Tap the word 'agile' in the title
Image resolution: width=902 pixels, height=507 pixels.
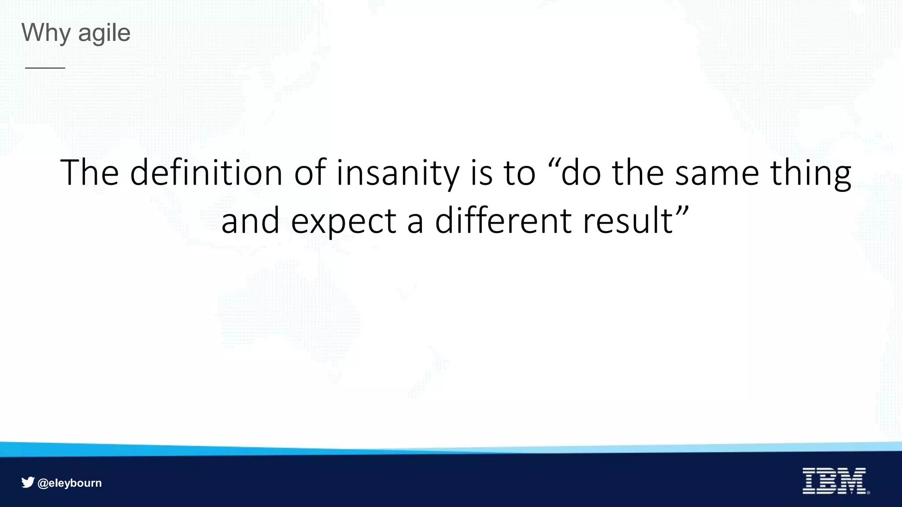click(104, 33)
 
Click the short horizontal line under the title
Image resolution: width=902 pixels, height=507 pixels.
click(45, 68)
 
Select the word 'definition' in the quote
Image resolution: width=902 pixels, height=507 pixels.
click(206, 173)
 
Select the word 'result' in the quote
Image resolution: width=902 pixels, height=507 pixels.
click(627, 221)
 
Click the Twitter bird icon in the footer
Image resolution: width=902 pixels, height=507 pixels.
click(28, 482)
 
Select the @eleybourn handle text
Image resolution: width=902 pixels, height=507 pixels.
click(70, 483)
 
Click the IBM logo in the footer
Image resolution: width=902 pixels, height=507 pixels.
click(834, 481)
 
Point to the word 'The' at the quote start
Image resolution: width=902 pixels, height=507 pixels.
click(89, 173)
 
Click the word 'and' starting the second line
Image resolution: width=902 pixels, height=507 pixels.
click(250, 221)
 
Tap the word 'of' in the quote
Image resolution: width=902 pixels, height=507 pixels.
click(310, 173)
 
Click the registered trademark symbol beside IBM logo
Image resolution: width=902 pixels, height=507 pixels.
click(868, 492)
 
